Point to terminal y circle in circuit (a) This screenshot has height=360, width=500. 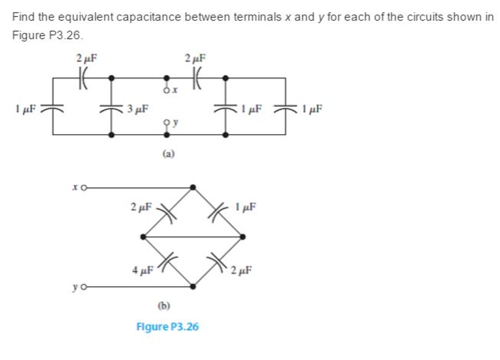coord(166,122)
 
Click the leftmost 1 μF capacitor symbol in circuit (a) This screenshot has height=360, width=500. coord(53,108)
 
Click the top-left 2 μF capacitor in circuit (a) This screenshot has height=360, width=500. coord(83,78)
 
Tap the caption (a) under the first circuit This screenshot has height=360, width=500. coord(168,153)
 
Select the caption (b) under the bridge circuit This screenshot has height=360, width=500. coord(165,306)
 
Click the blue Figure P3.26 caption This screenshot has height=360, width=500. coord(167,326)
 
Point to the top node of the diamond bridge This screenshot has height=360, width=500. coord(193,187)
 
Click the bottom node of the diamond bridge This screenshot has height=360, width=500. coord(193,287)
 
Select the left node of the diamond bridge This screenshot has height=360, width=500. coord(143,237)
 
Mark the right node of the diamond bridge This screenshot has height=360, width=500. coord(243,237)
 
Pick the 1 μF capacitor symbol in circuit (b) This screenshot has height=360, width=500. coord(218,212)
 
